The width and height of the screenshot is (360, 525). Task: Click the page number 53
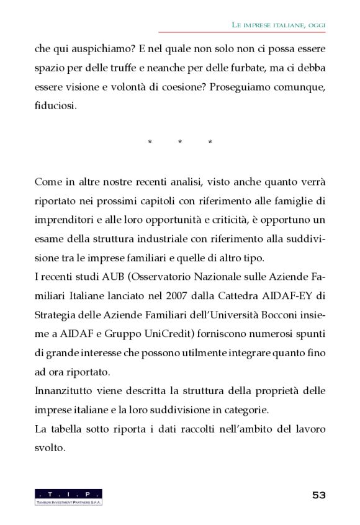(x=318, y=495)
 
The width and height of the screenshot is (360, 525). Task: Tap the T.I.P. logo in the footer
(x=68, y=496)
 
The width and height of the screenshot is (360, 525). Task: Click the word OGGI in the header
(x=315, y=24)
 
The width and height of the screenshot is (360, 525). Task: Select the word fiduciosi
(x=56, y=106)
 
